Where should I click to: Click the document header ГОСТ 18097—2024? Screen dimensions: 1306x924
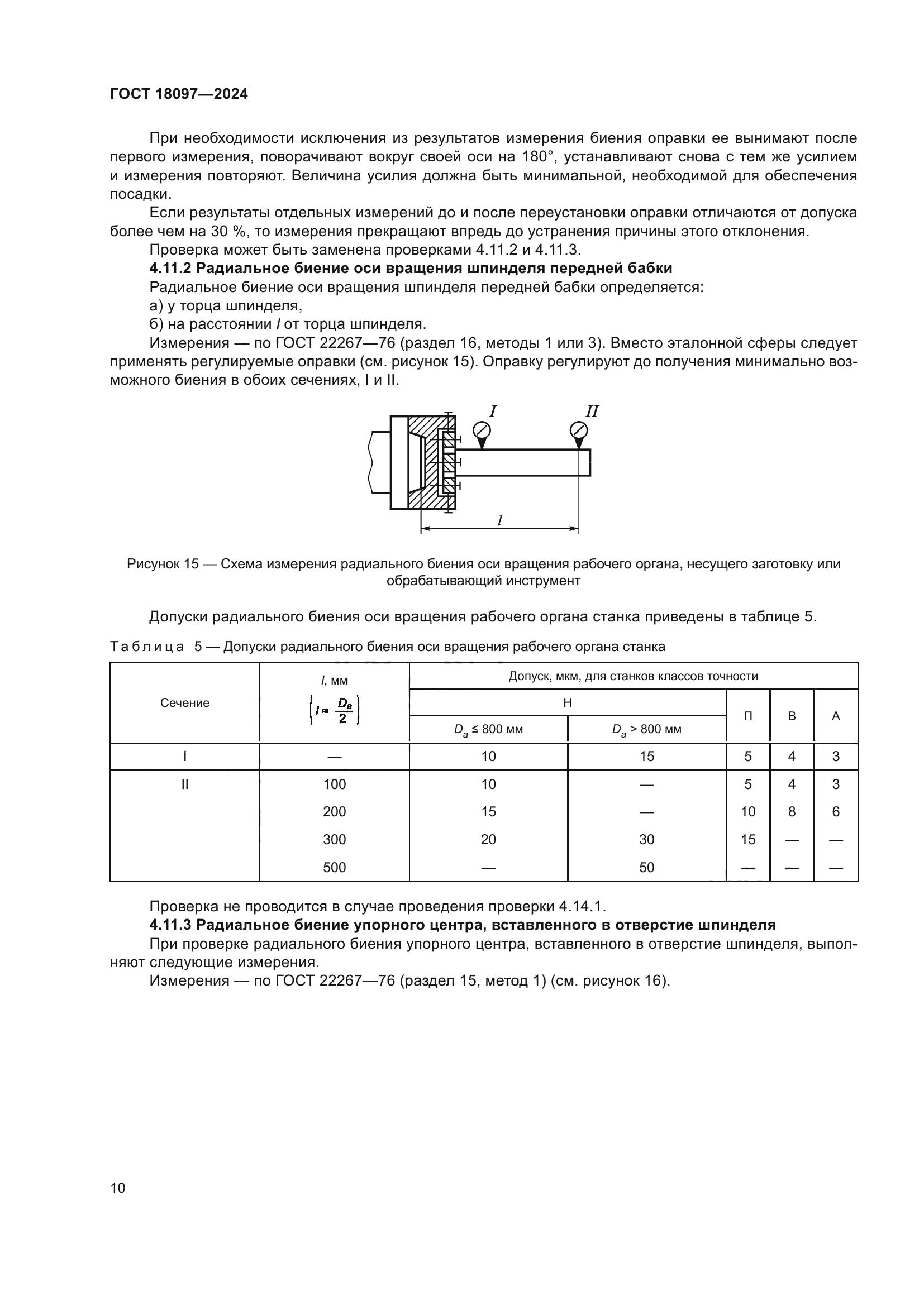pyautogui.click(x=179, y=94)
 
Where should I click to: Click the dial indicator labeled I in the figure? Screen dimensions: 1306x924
pyautogui.click(x=482, y=430)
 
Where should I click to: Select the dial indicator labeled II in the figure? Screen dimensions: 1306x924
pyautogui.click(x=579, y=430)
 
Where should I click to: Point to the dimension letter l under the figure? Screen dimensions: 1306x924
pyautogui.click(x=499, y=520)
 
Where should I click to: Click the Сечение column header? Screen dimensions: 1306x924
pyautogui.click(x=184, y=702)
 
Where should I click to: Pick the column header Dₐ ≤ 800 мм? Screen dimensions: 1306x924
pyautogui.click(x=488, y=729)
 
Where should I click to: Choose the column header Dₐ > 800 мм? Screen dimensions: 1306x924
pyautogui.click(x=646, y=729)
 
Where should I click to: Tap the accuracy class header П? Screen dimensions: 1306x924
pyautogui.click(x=747, y=716)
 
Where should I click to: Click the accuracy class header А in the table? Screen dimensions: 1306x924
pyautogui.click(x=835, y=716)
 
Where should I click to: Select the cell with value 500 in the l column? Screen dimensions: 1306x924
pyautogui.click(x=334, y=868)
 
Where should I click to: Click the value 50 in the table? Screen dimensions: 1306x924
pyautogui.click(x=646, y=868)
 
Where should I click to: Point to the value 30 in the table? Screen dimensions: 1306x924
pyautogui.click(x=646, y=840)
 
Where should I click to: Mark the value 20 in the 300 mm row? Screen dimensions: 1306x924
pyautogui.click(x=488, y=840)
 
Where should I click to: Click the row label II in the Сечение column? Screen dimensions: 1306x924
pyautogui.click(x=184, y=784)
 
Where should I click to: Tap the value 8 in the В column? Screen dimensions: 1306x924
pyautogui.click(x=792, y=812)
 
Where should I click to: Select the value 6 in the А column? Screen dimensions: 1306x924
pyautogui.click(x=835, y=812)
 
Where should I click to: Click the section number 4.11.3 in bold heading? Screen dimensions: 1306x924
pyautogui.click(x=171, y=925)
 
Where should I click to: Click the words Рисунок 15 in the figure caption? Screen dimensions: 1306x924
pyautogui.click(x=163, y=564)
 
